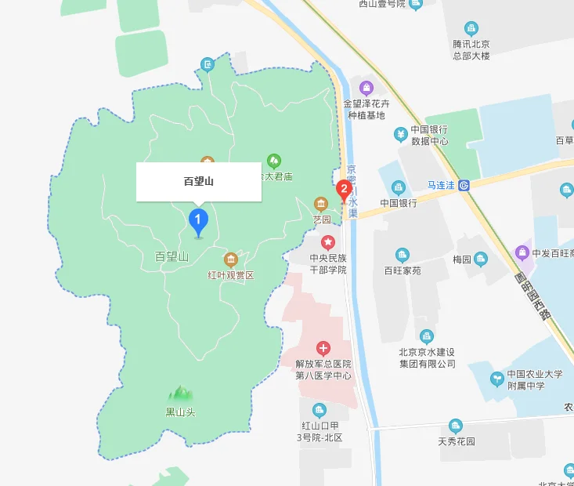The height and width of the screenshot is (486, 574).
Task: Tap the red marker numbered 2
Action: (x=343, y=190)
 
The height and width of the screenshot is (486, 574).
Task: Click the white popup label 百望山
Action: (x=199, y=182)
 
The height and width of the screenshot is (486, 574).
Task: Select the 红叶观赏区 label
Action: (x=231, y=275)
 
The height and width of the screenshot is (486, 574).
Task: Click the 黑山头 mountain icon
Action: (x=180, y=391)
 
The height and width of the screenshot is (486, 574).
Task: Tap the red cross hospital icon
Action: (x=323, y=348)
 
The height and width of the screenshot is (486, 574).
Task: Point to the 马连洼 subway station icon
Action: (x=464, y=186)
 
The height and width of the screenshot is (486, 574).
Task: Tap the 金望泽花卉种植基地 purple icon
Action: (x=366, y=87)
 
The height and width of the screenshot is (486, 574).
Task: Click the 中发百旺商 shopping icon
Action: (x=522, y=252)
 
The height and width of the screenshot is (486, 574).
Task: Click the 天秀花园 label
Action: (x=457, y=441)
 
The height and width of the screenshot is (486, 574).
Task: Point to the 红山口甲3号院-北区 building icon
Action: (x=319, y=410)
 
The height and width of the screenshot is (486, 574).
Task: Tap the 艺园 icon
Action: (x=319, y=205)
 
